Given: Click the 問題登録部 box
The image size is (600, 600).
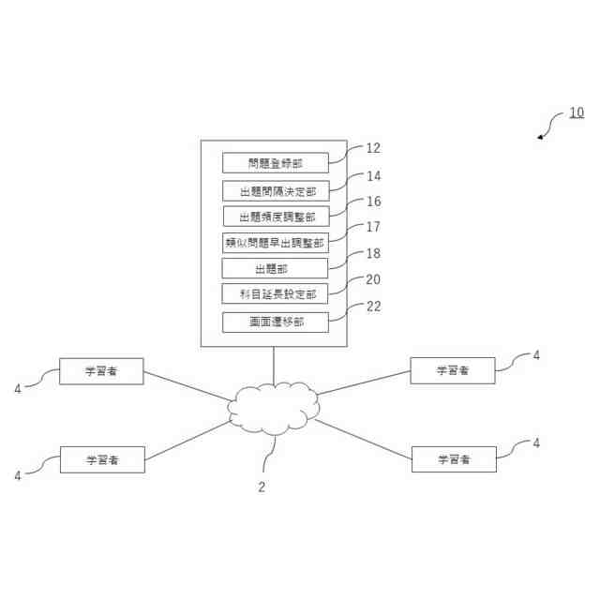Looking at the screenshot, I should point(276,163).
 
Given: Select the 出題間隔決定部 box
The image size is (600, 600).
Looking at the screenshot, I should point(276,191).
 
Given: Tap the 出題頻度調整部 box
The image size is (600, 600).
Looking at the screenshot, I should point(276,217).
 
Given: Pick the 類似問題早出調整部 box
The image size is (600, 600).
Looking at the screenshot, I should point(276,243).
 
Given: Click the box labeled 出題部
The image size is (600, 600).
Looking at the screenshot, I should point(276,268).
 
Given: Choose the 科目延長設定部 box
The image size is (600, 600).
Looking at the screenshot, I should point(276,294).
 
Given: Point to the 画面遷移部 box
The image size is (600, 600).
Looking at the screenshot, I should point(276,322).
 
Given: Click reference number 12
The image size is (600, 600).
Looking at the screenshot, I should point(373,148).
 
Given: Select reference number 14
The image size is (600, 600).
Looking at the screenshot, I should point(373,175).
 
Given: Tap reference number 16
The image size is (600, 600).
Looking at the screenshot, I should point(373,202).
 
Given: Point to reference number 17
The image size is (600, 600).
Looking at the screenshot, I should point(373,227).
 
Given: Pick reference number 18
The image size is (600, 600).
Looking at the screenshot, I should point(373,253).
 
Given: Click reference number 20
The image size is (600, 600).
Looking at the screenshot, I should point(373,279).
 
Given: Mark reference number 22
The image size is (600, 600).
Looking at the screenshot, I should point(373,307).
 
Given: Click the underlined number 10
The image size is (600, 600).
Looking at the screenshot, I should point(576,113).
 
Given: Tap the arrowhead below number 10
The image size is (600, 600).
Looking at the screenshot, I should point(541,138).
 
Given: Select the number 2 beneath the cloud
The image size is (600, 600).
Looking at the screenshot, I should point(262,487).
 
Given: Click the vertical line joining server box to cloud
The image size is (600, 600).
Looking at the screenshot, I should point(274,366).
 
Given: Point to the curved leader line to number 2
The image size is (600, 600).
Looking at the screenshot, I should point(268,457).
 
